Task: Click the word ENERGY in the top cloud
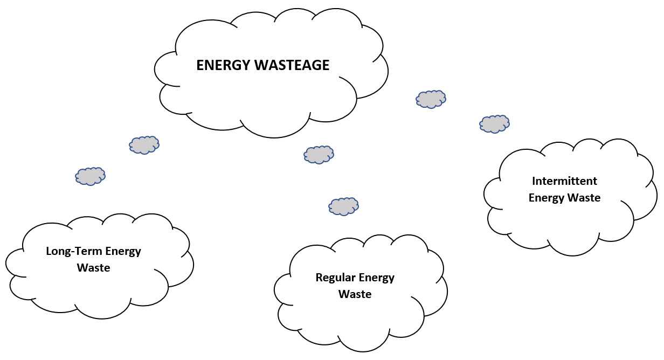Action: coord(221,65)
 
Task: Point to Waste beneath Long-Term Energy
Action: coord(93,267)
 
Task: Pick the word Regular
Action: coord(334,278)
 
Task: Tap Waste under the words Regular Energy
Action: coord(355,294)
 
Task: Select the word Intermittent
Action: coord(564,181)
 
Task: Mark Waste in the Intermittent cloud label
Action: coord(584,198)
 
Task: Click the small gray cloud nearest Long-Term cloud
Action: coord(90,176)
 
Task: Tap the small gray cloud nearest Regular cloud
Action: coord(343,206)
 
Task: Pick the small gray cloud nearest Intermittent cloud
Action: coord(494,124)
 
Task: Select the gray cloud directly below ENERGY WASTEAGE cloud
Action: coord(319,155)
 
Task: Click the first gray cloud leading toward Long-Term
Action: coord(144,145)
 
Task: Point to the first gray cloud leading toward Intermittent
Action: coord(431,99)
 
